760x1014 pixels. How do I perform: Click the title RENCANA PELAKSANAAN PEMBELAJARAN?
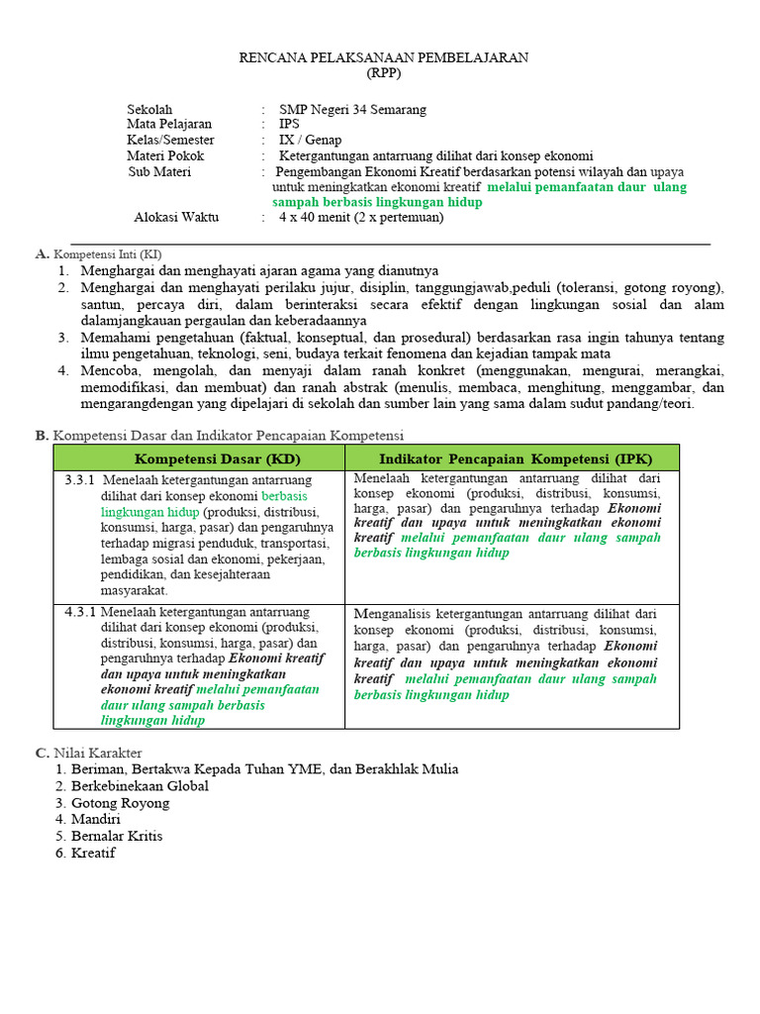click(x=384, y=57)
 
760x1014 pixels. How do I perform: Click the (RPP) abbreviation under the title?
click(x=384, y=73)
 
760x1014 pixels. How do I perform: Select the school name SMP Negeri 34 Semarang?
click(x=352, y=109)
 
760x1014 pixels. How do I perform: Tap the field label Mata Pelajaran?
click(x=169, y=125)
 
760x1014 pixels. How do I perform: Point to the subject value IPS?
click(x=289, y=125)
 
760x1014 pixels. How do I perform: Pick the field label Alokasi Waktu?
click(x=176, y=217)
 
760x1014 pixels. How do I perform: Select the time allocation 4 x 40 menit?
click(x=322, y=217)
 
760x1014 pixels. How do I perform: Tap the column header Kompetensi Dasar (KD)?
click(x=217, y=458)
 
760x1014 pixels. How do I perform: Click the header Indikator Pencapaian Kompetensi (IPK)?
click(x=512, y=458)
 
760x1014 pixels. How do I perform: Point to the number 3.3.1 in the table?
click(x=79, y=480)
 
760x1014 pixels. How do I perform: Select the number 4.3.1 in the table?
click(x=79, y=612)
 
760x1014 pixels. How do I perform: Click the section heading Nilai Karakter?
click(x=97, y=753)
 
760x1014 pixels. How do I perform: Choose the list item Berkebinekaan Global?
click(x=139, y=786)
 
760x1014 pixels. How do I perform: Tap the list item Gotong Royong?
click(x=120, y=803)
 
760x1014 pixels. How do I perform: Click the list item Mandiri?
click(x=95, y=819)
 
